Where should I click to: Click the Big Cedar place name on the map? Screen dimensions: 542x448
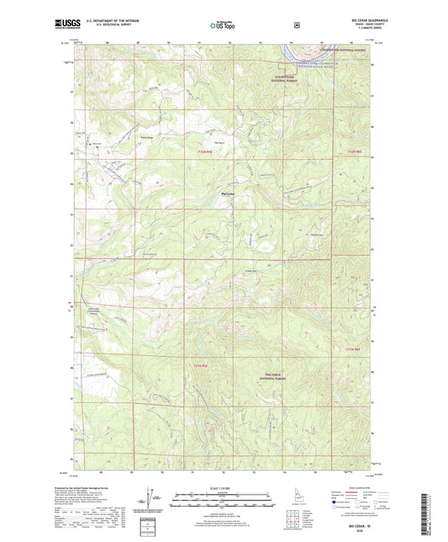[x=226, y=196]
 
